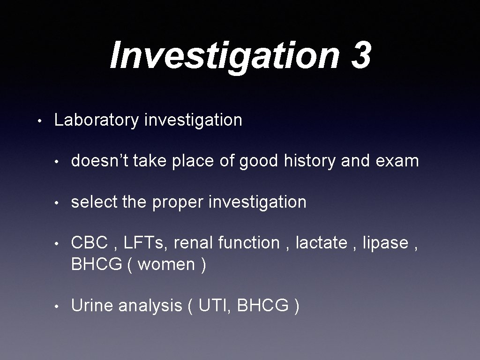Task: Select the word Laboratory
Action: coord(96,120)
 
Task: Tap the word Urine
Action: coord(92,306)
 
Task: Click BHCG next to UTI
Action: coord(263,306)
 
